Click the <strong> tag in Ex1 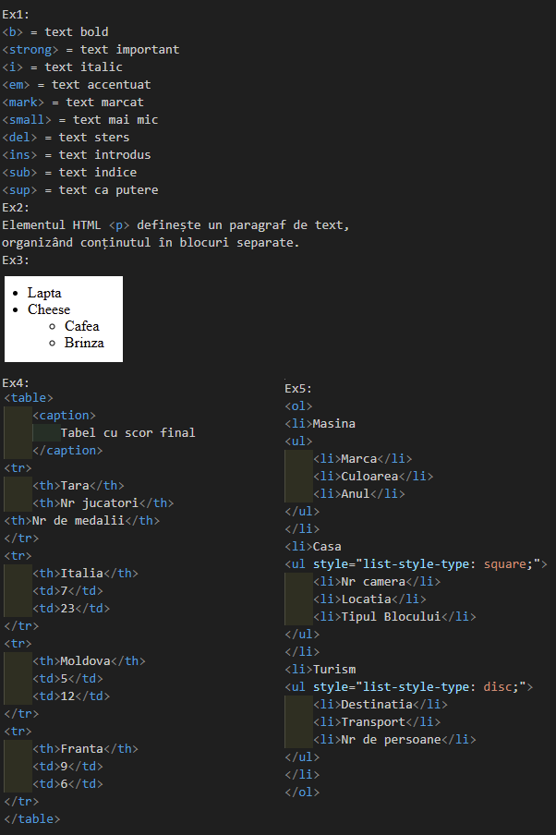[30, 50]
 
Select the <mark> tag [23, 103]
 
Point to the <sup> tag [19, 190]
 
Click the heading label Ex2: [16, 207]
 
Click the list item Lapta [44, 293]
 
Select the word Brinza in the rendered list [84, 343]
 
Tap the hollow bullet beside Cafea [53, 326]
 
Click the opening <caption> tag [64, 416]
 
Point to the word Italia [82, 573]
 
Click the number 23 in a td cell [67, 608]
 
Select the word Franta [82, 749]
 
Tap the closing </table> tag [32, 819]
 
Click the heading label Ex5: [298, 389]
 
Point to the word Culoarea [369, 476]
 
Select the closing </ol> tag [302, 793]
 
